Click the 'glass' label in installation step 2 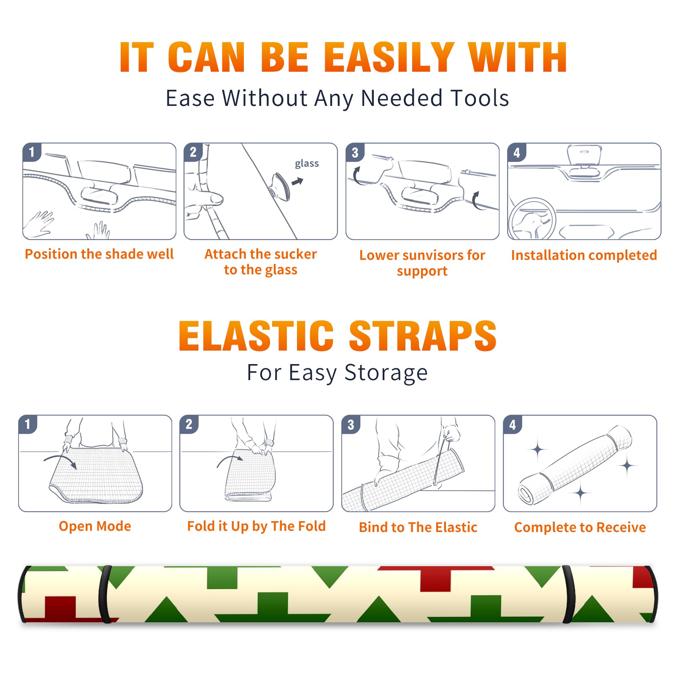(307, 164)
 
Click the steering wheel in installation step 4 (532, 219)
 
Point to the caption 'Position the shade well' (99, 254)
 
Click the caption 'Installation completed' (584, 255)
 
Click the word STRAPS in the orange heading (423, 336)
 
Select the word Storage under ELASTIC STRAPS (386, 373)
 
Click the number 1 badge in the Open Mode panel (28, 424)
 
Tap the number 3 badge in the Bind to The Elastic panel (351, 424)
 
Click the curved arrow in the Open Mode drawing (60, 461)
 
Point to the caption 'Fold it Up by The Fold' (256, 526)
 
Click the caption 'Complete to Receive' (580, 527)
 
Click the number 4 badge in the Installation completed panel (517, 152)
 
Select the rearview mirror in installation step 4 (584, 155)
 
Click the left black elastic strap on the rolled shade (105, 594)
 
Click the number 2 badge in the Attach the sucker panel (193, 152)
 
